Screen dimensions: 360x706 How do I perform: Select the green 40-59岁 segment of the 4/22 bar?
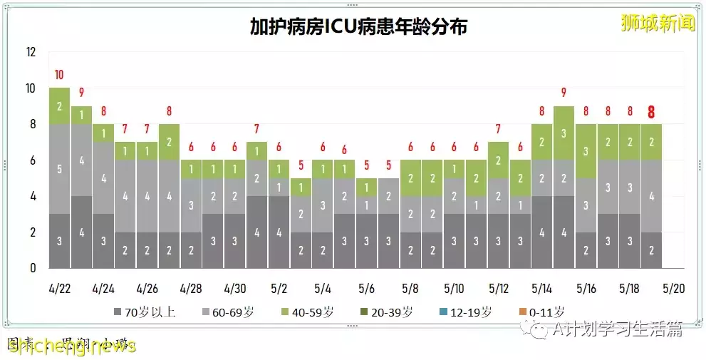pos(59,106)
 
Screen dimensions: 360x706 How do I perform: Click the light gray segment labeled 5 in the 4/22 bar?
pos(59,169)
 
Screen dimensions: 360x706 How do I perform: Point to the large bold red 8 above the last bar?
pos(651,112)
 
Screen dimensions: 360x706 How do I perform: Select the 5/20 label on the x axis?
pos(673,289)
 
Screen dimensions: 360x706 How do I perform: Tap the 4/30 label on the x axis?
pos(234,289)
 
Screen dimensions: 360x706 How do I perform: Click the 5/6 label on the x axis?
pos(366,289)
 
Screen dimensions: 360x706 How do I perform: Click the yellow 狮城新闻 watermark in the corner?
pos(657,23)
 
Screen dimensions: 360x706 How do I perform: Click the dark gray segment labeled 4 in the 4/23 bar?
pos(81,232)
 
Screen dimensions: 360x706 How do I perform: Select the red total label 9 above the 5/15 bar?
pos(564,93)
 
